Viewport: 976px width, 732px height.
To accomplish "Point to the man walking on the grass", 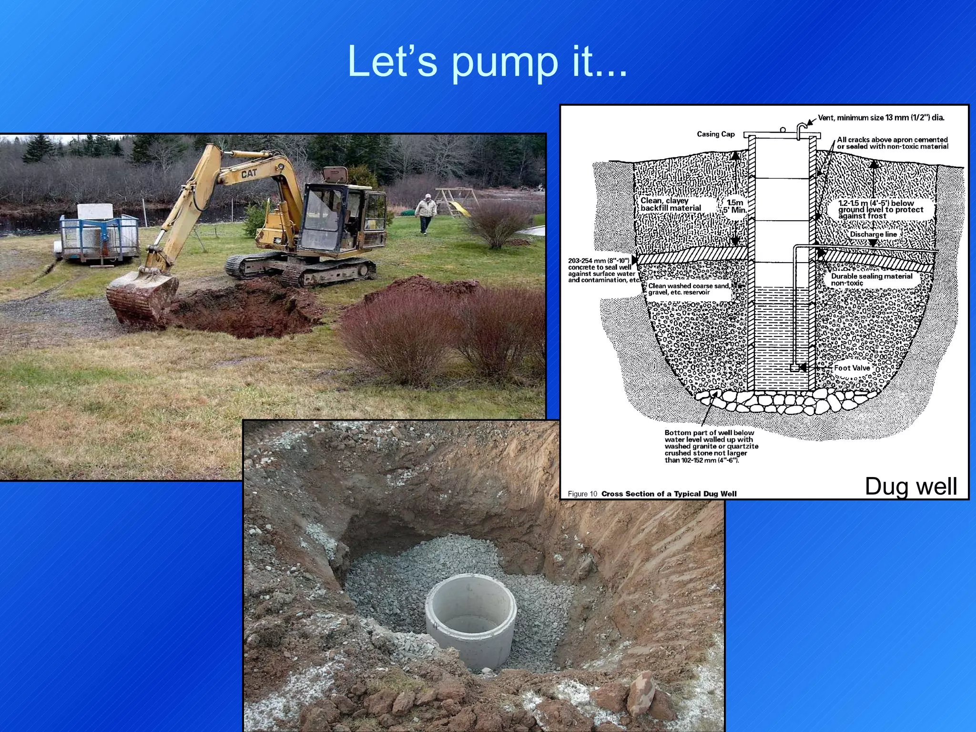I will (x=426, y=213).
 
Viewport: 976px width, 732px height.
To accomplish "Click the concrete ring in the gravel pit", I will (x=470, y=620).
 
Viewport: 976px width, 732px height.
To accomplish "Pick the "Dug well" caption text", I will (x=911, y=486).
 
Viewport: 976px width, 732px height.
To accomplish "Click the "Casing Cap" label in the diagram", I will (x=715, y=134).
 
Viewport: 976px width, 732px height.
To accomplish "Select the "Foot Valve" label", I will (x=852, y=368).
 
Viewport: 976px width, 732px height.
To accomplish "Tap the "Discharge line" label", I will (x=874, y=234).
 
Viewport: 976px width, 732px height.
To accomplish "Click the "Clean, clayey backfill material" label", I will (x=671, y=204).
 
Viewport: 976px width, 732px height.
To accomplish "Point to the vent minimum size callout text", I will (x=881, y=118).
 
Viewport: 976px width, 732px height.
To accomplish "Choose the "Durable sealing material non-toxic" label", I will (x=871, y=280).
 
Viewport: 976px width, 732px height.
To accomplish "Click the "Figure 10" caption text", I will (x=582, y=494).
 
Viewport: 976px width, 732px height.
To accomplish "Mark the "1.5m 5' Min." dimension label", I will (x=734, y=206).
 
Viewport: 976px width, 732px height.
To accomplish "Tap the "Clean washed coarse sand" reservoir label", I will (x=689, y=289).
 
